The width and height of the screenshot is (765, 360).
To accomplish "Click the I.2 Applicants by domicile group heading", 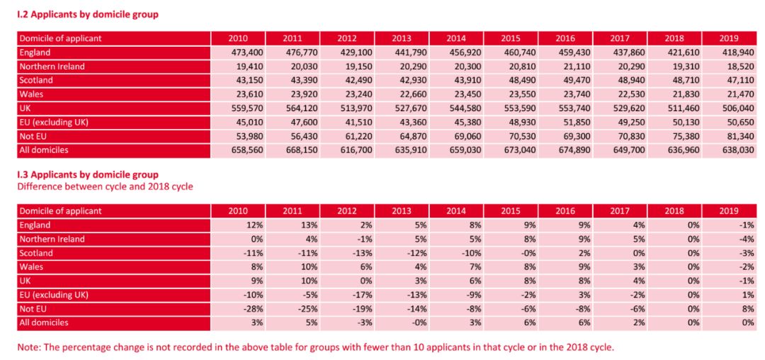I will [89, 14].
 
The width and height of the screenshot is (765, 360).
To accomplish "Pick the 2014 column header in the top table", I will [456, 38].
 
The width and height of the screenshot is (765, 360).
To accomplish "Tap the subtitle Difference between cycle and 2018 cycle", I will [105, 186].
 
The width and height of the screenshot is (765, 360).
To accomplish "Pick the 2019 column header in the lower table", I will [728, 211].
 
